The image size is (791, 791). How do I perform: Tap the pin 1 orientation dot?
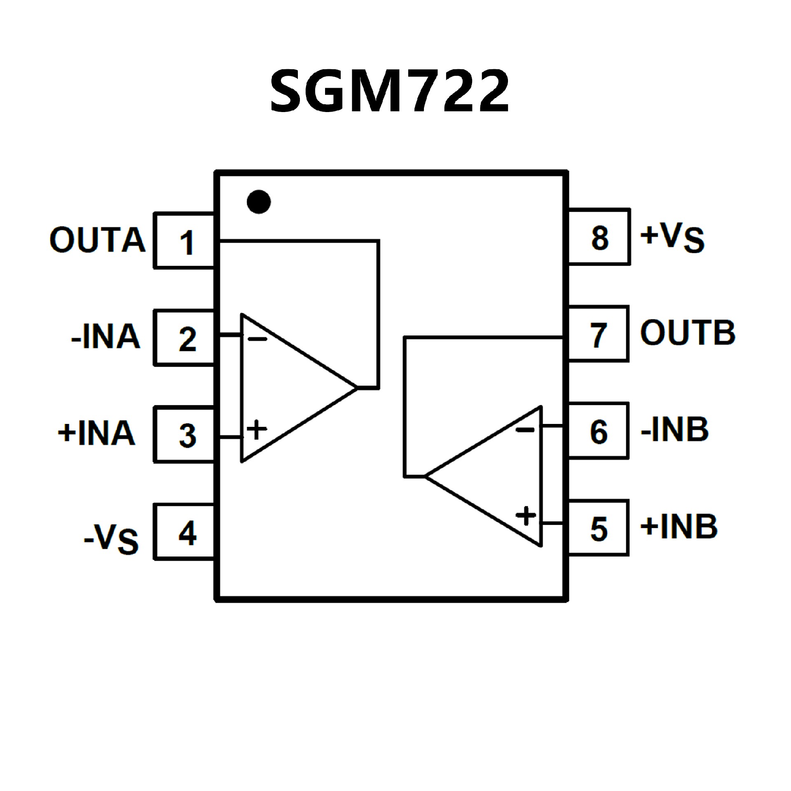[x=259, y=202]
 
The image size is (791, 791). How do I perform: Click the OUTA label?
[x=97, y=240]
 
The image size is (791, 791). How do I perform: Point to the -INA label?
[x=106, y=337]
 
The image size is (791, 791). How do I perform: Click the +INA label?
[x=97, y=433]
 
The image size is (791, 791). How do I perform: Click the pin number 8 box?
[x=599, y=237]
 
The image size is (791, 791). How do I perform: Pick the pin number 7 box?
[x=598, y=334]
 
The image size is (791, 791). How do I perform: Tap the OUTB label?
[x=688, y=332]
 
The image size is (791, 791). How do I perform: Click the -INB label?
[x=675, y=430]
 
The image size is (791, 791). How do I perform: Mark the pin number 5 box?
[x=598, y=528]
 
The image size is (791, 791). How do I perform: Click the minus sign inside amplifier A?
[x=257, y=339]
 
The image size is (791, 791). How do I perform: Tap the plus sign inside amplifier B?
[x=526, y=516]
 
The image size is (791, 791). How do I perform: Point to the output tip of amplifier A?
[x=356, y=388]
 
